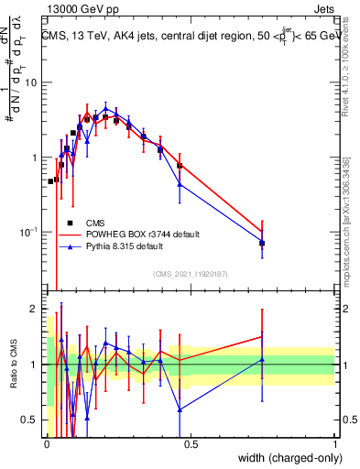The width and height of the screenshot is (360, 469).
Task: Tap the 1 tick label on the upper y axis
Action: tap(36, 158)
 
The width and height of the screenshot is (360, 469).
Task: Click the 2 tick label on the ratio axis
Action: tap(36, 309)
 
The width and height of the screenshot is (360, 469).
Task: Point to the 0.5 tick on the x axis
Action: tap(191, 444)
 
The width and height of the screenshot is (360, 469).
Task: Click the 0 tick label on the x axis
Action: tap(47, 444)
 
